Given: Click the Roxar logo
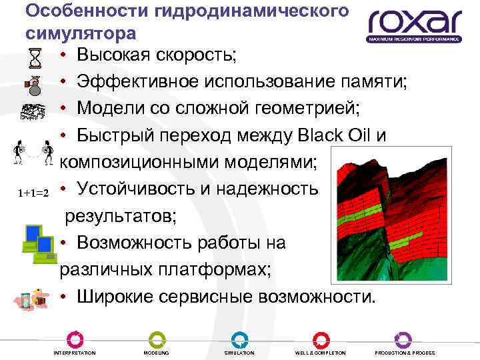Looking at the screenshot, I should (x=414, y=25).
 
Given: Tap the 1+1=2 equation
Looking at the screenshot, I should (x=34, y=193).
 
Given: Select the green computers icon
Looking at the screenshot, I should (x=38, y=242).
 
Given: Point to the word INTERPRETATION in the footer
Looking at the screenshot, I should (x=74, y=353).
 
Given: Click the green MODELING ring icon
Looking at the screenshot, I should (x=157, y=339).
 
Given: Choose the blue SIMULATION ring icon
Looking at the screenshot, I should (x=239, y=339).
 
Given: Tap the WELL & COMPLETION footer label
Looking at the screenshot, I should (x=321, y=353).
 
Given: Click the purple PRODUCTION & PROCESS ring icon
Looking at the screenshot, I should (x=403, y=339).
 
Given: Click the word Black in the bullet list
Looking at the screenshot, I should (x=326, y=135).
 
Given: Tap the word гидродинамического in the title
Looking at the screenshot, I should (x=240, y=11).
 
